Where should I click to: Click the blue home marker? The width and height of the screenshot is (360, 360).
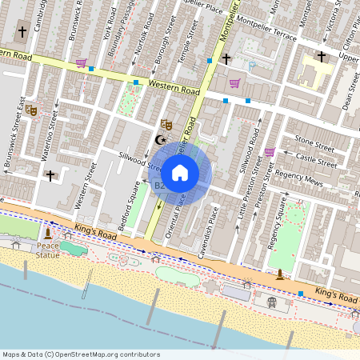[180, 172]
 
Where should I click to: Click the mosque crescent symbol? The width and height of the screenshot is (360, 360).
[159, 140]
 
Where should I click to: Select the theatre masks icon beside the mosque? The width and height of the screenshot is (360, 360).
[166, 124]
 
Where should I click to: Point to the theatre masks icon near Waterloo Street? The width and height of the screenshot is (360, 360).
[31, 110]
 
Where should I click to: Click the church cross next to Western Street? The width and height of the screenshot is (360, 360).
[50, 175]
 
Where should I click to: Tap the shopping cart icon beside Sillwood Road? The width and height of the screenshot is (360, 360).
[270, 151]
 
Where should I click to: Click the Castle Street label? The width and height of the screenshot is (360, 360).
[317, 162]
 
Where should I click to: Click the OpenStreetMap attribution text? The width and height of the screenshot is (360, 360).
[81, 354]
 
